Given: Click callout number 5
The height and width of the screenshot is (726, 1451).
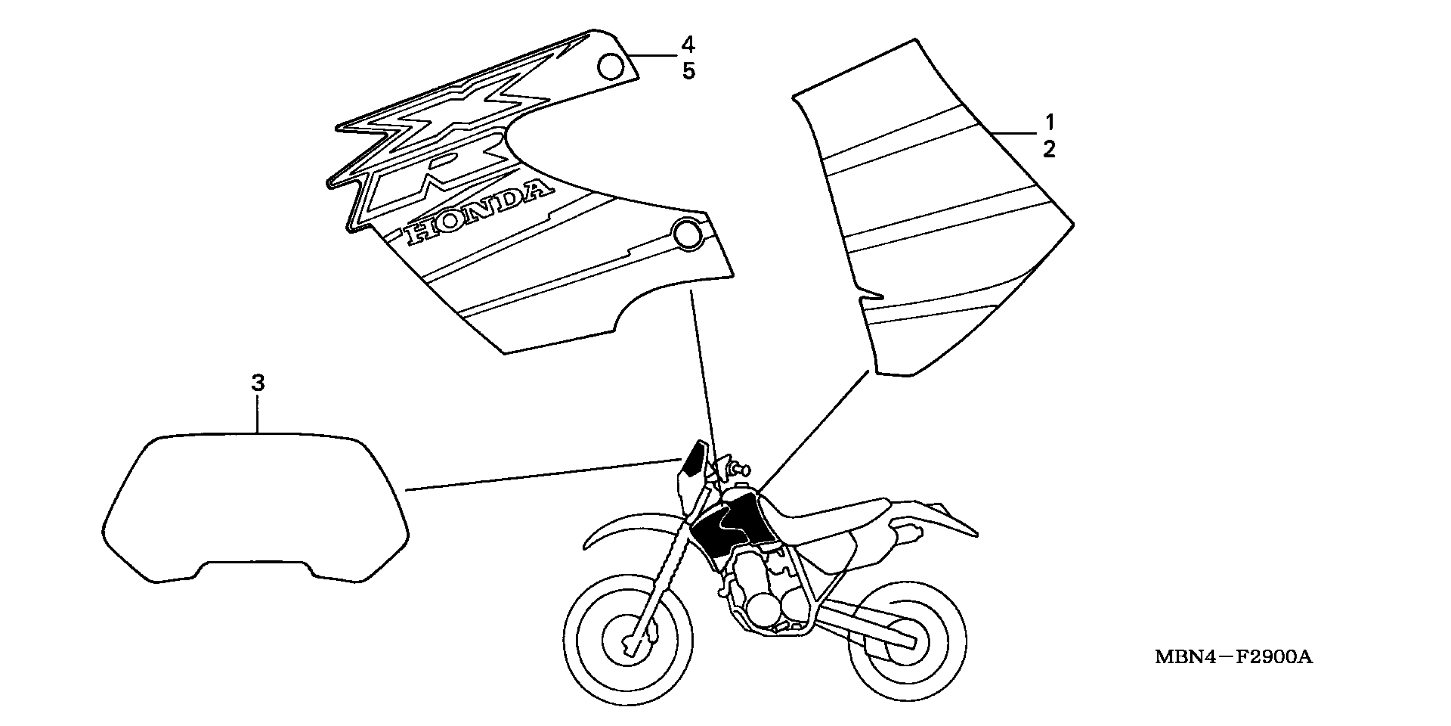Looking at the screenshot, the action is pos(688,72).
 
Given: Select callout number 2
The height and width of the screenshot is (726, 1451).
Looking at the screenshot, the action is pos(1049,150).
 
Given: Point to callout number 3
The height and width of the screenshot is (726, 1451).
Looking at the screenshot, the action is pos(257,384).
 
